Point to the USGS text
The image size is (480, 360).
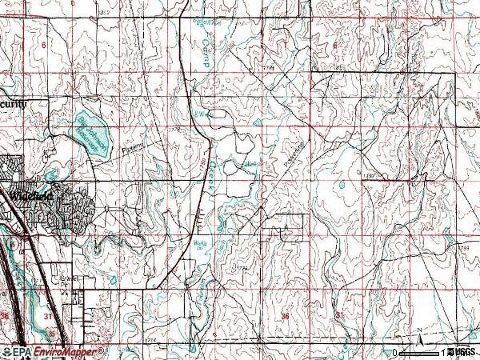coord(463,352)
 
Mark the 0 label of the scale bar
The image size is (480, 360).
coord(395,352)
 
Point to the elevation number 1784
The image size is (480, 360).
coord(269,69)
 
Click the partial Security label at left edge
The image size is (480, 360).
coord(14,104)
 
